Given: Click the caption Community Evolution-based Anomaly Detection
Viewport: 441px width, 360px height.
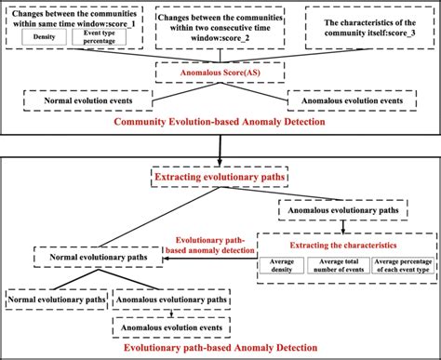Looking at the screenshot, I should pos(220,122).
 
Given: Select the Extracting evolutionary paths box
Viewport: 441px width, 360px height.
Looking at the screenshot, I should pos(220,174).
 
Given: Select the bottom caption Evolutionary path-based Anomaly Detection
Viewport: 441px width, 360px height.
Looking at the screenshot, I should pos(220,348).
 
